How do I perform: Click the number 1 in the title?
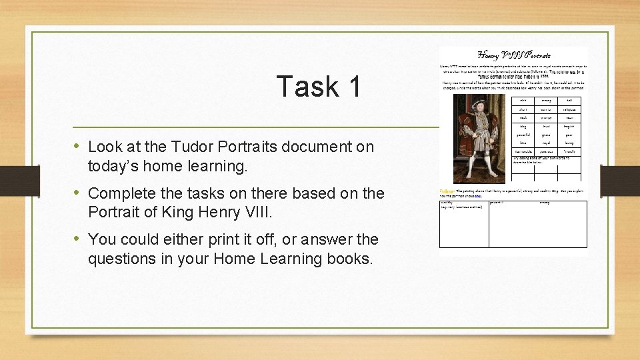tap(353, 87)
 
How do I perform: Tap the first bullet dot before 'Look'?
tap(79, 146)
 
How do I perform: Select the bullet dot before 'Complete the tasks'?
tap(79, 193)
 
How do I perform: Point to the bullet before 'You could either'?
tap(79, 239)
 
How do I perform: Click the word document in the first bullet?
tap(317, 147)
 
